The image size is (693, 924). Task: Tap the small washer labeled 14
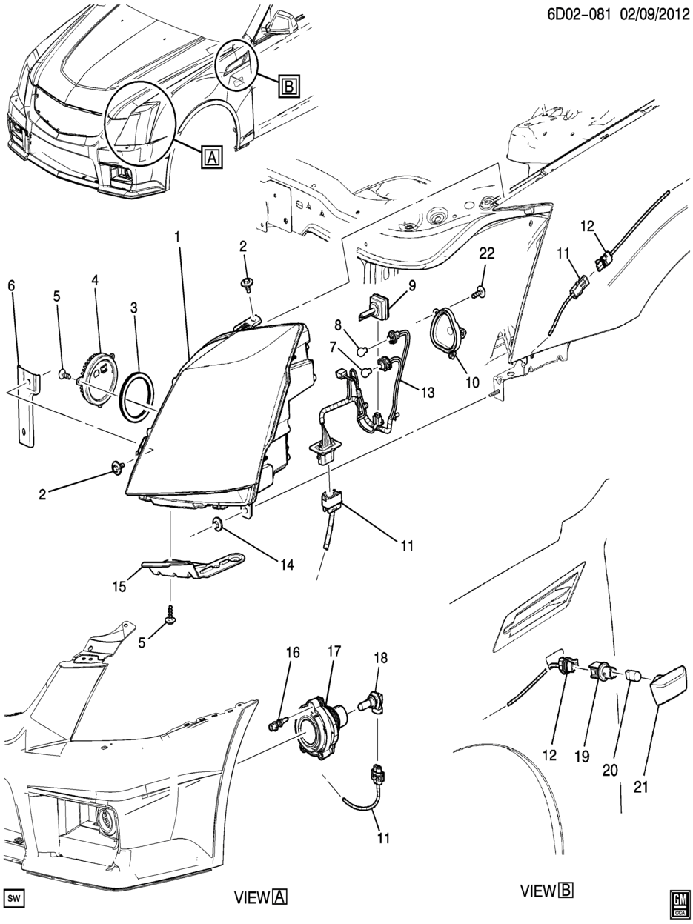point(219,525)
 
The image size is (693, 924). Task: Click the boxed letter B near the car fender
point(288,87)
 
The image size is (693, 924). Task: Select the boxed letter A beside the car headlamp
point(211,156)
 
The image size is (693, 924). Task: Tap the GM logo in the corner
point(676,900)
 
